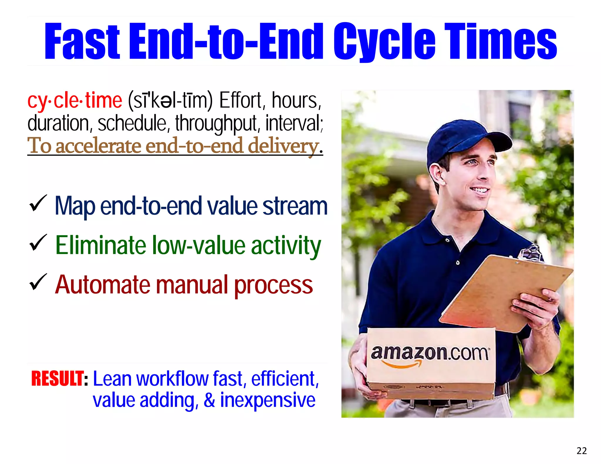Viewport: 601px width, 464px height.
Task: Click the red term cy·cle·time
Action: pos(75,101)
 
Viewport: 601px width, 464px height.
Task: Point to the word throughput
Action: pos(217,123)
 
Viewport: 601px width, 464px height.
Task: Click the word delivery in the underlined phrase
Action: pos(283,146)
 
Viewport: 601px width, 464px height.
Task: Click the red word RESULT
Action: pos(57,379)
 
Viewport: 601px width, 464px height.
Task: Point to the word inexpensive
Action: pos(268,400)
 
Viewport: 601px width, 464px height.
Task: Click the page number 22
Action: pos(582,451)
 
